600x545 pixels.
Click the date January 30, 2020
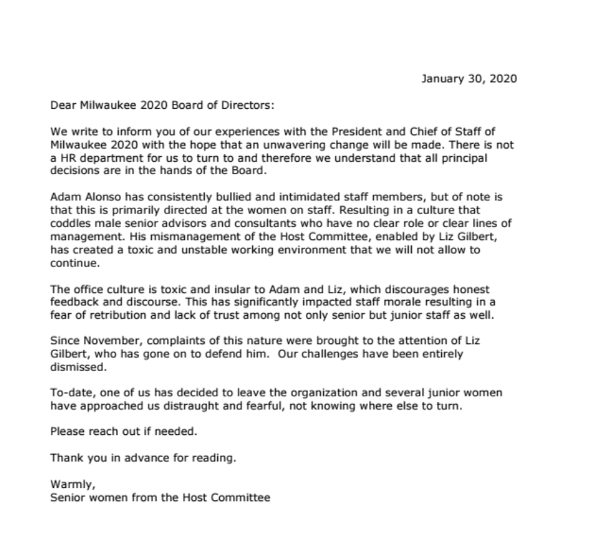tap(469, 78)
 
